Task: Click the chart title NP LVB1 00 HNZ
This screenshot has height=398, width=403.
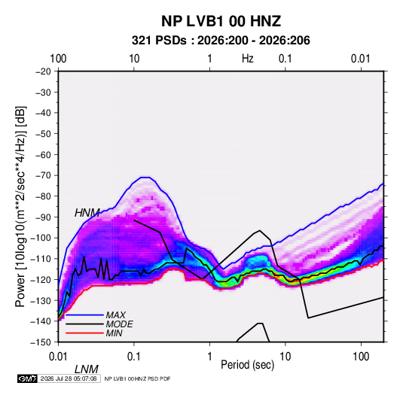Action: (x=221, y=21)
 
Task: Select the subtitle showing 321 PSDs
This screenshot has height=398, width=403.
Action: (x=221, y=41)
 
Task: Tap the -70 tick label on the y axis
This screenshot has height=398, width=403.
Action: (x=43, y=175)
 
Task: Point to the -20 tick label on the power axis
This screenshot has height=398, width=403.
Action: (x=43, y=71)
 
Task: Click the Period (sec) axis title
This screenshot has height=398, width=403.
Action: (x=248, y=365)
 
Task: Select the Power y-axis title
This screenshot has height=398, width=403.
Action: (x=20, y=206)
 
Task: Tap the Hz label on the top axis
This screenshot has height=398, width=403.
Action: (x=248, y=59)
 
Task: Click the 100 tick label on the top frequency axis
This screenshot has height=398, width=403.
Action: (x=58, y=59)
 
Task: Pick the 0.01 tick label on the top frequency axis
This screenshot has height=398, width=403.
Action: (x=361, y=59)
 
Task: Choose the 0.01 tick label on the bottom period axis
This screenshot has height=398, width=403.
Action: (x=58, y=357)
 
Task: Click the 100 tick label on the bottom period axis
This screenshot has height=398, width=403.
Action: (x=361, y=357)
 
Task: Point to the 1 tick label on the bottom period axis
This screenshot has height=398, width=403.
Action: (x=209, y=357)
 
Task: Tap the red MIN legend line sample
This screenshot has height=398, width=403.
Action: (x=84, y=333)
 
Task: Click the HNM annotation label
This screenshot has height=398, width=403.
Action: (x=87, y=213)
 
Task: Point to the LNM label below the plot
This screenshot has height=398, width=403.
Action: (x=87, y=369)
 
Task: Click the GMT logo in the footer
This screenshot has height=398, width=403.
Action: (x=27, y=378)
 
